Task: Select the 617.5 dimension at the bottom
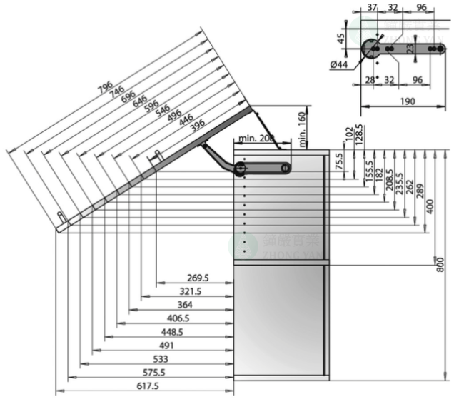point(147,386)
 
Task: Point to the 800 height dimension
point(440,264)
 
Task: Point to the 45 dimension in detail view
point(341,36)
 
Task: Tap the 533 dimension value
point(161,359)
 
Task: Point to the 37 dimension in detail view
point(371,7)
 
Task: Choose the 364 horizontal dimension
point(185,306)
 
